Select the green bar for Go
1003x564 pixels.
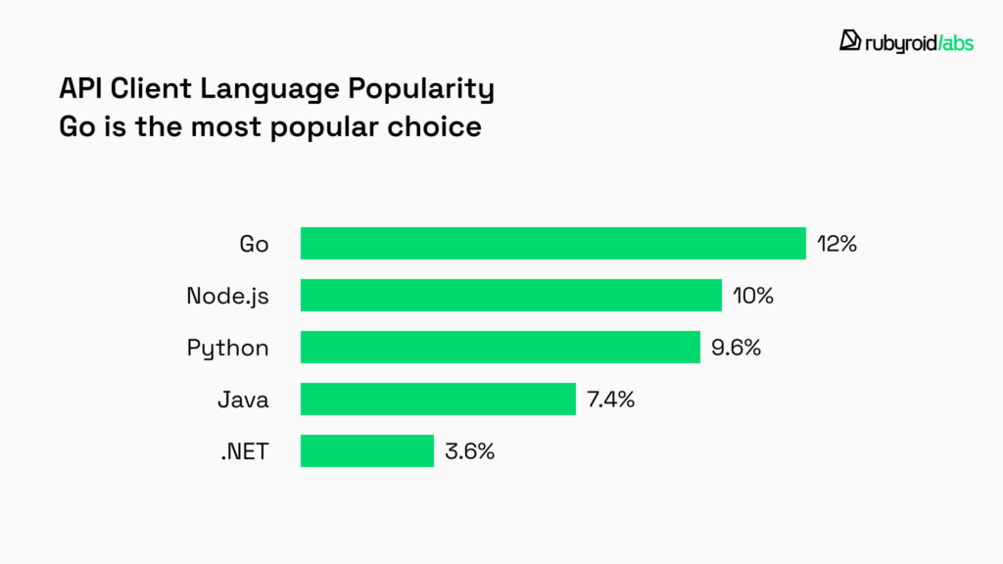coord(552,243)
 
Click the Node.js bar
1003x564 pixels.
coord(510,295)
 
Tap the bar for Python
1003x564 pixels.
coord(500,347)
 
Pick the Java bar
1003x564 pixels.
coord(437,399)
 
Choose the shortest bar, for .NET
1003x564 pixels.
coord(366,450)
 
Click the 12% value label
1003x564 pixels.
coord(837,244)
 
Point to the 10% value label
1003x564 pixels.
coord(753,296)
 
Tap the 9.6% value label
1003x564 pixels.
coord(737,348)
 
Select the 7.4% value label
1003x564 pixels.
coord(611,399)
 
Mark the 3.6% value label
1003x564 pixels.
coord(470,451)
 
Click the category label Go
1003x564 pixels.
coord(254,244)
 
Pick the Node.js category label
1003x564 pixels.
coord(227,296)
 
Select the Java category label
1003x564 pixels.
coord(243,399)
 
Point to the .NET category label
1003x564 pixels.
coord(243,451)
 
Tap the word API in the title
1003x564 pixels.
coord(80,89)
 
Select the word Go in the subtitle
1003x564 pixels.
coord(77,127)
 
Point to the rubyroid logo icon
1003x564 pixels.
coord(850,40)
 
